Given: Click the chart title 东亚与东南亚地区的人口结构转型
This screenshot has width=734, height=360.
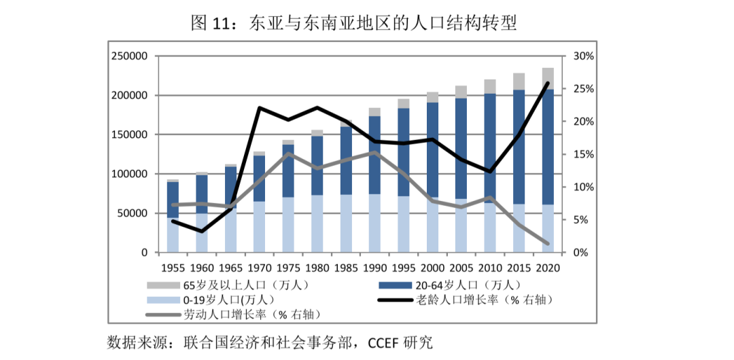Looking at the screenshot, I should [x=383, y=24].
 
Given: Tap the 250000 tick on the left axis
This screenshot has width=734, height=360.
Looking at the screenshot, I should [x=130, y=56].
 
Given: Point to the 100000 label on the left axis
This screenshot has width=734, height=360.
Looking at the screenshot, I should [x=130, y=174].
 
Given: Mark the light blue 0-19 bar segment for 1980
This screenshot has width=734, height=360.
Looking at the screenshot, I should [x=317, y=224].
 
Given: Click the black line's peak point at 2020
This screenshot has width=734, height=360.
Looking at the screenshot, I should [x=548, y=84].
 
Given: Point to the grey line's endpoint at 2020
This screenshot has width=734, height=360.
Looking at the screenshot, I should [x=548, y=243].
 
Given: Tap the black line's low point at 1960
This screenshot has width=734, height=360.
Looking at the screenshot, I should [x=201, y=232].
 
